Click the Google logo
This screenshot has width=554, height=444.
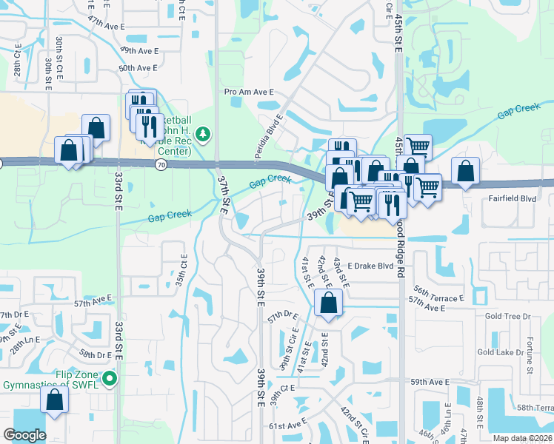tap(24, 435)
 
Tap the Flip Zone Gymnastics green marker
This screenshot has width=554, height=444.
tap(110, 379)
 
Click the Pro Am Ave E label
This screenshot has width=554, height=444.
tap(249, 92)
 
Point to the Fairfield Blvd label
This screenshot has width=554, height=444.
tap(512, 198)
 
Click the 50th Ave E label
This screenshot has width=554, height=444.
tap(139, 68)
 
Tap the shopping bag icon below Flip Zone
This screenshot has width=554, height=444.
tap(55, 400)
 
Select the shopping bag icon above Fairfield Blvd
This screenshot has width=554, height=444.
tap(464, 170)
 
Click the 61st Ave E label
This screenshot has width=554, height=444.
tap(287, 425)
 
